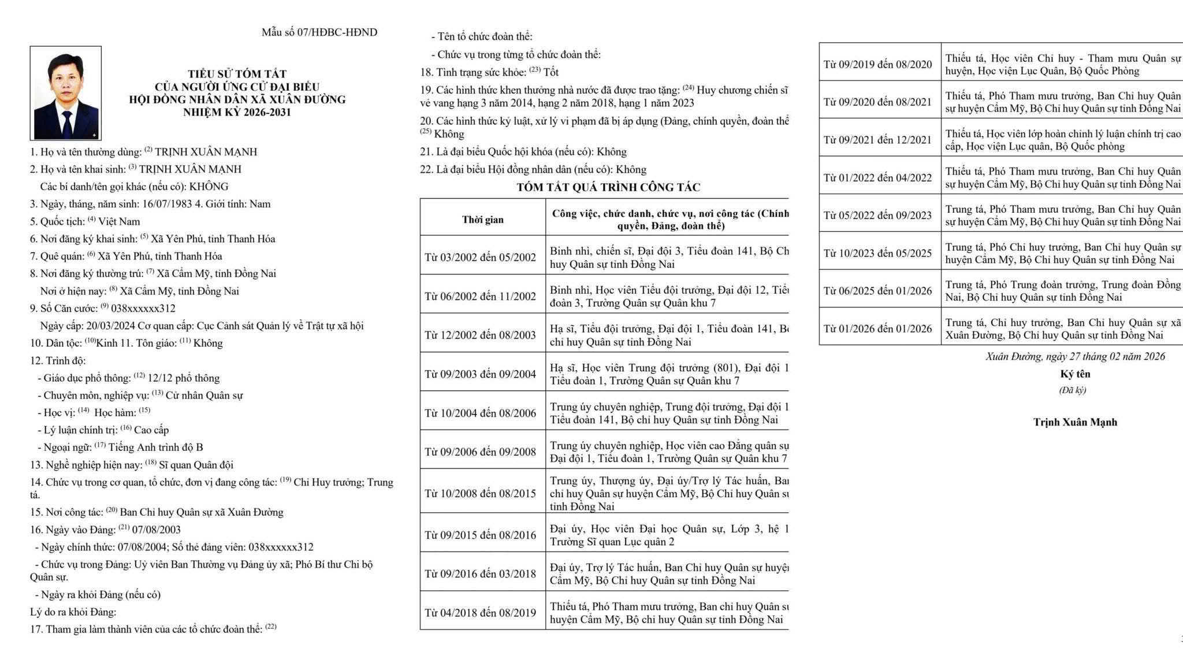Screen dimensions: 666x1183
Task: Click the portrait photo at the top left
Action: point(65,92)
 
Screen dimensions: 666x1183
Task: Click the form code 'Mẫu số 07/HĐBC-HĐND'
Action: point(319,32)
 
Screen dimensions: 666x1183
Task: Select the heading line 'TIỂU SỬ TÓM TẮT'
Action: point(237,74)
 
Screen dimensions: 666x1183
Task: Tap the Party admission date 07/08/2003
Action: point(156,530)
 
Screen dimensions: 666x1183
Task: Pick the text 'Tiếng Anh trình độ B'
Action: point(155,447)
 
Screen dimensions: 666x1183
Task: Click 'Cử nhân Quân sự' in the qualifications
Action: point(204,395)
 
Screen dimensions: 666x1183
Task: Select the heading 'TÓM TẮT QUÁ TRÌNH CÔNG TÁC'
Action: point(608,187)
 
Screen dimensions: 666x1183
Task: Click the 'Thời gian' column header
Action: point(482,220)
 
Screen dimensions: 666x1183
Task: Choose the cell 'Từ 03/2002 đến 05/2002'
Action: point(480,257)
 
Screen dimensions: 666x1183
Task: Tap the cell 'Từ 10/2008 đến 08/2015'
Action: point(480,493)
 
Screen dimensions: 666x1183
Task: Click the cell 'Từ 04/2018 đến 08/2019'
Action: point(480,613)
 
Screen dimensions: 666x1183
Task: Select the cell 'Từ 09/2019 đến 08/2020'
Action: point(877,64)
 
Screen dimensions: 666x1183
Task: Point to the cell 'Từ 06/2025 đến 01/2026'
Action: point(877,291)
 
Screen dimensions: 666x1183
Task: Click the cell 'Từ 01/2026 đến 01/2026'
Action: point(877,329)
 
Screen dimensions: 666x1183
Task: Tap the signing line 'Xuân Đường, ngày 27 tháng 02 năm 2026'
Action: point(1075,356)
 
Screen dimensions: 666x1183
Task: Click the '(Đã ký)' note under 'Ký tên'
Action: point(1072,390)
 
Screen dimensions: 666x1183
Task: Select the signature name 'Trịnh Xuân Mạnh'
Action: point(1075,422)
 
